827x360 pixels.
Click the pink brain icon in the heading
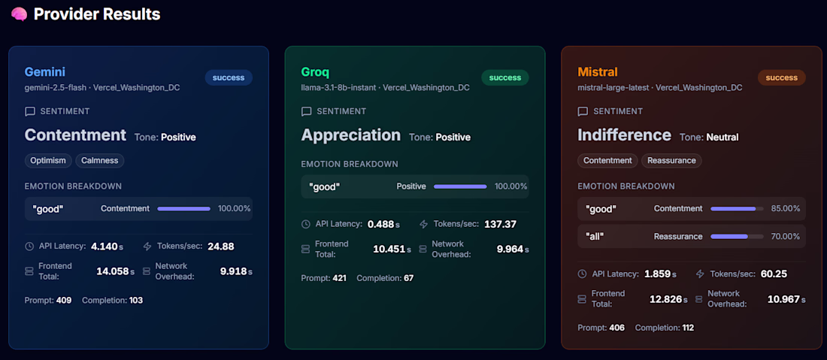point(19,14)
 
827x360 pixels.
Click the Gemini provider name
point(45,71)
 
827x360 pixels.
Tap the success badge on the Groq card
point(504,77)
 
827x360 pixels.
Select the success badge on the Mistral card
point(781,77)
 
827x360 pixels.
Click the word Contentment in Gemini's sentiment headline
point(75,135)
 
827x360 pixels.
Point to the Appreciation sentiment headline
point(351,135)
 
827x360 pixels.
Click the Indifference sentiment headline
point(624,135)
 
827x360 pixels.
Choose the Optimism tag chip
point(48,160)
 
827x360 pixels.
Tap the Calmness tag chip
point(100,160)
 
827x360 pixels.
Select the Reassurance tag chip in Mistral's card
point(671,160)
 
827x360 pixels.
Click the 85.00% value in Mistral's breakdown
point(786,209)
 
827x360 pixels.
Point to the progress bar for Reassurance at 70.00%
point(737,237)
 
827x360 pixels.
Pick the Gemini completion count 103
point(136,301)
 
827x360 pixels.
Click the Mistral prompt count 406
point(616,328)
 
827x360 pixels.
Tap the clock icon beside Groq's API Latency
point(306,224)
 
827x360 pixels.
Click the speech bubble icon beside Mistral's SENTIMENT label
point(583,112)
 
